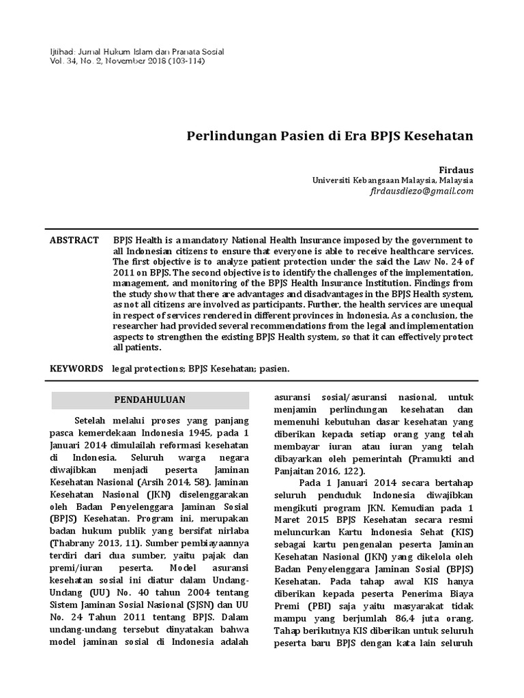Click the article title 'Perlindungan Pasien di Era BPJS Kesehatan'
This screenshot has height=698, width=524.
coord(330,136)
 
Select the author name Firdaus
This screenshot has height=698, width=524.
coord(455,168)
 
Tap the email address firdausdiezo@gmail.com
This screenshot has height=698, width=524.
coord(421,192)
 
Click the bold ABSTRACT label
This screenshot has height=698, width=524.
coord(74,241)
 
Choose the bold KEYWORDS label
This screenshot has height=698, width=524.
coord(76,368)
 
